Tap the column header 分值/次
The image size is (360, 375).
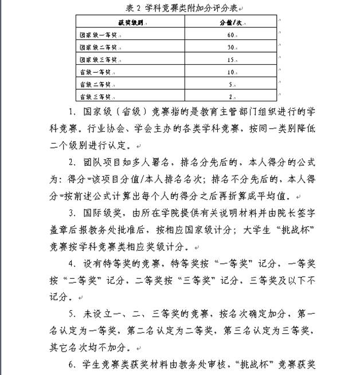pyautogui.click(x=229, y=23)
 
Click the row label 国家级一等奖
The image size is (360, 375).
pyautogui.click(x=99, y=35)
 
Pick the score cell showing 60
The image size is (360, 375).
pyautogui.click(x=229, y=35)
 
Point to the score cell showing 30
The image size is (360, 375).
pyautogui.click(x=229, y=47)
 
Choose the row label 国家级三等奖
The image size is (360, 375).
pyautogui.click(x=99, y=60)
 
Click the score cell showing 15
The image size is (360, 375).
pyautogui.click(x=229, y=60)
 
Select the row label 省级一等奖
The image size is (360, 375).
pyautogui.click(x=95, y=72)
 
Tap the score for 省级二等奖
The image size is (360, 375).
pyautogui.click(x=229, y=84)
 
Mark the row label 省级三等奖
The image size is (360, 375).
pyautogui.click(x=95, y=96)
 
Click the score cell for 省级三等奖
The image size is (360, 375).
pyautogui.click(x=229, y=96)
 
